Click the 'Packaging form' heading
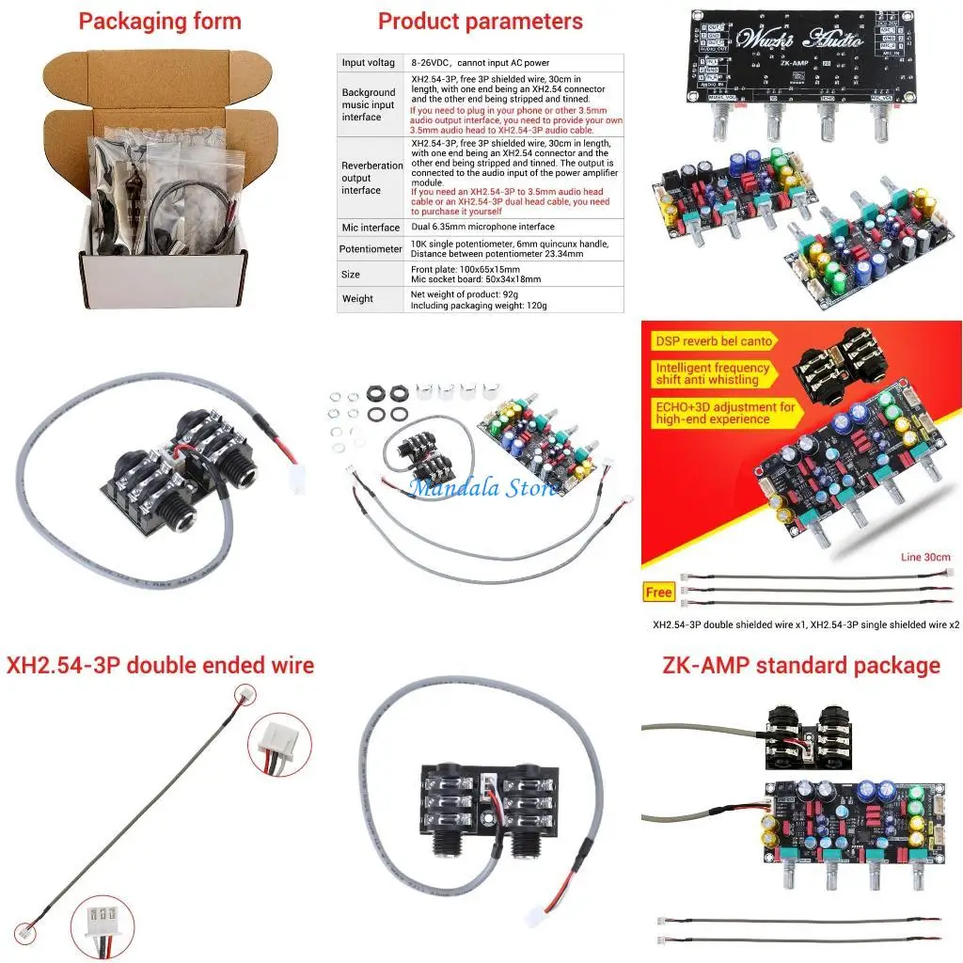(160, 22)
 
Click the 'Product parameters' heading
(480, 22)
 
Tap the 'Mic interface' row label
(371, 228)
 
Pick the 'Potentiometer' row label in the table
(371, 249)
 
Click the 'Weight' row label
(357, 299)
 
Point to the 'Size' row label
(351, 275)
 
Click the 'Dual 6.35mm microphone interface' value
(482, 228)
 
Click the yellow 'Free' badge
(659, 592)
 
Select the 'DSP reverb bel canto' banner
(714, 341)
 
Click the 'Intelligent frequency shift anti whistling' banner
(712, 373)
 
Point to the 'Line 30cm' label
(925, 556)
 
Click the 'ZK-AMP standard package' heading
(800, 666)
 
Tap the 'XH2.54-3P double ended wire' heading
(160, 666)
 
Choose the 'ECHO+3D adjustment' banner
(725, 413)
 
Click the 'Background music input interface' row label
(369, 104)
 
